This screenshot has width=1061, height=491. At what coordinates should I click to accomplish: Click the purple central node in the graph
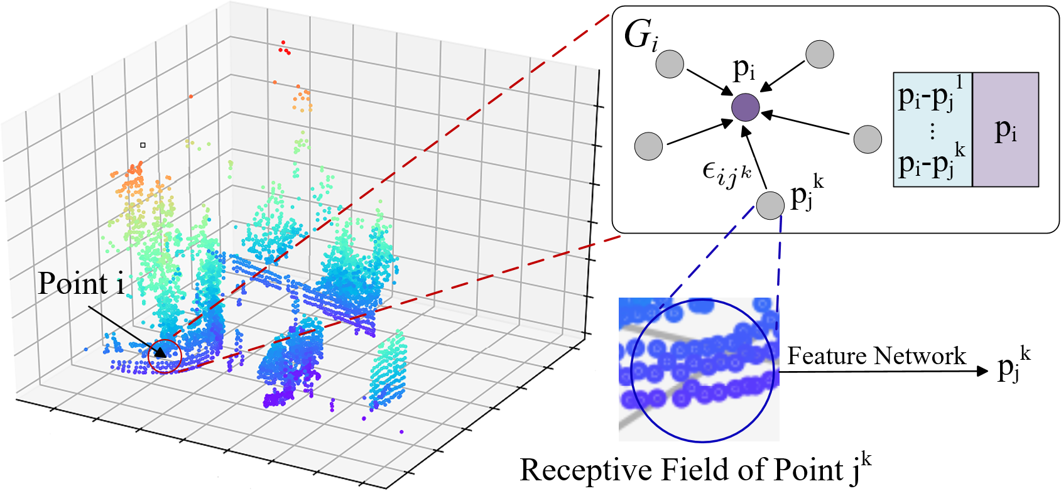click(746, 107)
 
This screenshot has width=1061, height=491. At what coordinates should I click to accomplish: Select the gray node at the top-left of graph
click(670, 64)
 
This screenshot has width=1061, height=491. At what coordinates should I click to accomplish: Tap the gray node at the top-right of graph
click(819, 55)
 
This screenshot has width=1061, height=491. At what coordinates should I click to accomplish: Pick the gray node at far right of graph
click(868, 139)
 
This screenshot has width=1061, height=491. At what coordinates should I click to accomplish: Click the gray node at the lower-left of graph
click(648, 146)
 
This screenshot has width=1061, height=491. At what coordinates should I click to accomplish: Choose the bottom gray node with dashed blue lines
click(770, 205)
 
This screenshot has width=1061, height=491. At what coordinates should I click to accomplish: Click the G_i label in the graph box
click(641, 36)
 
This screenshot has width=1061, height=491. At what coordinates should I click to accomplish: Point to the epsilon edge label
click(726, 173)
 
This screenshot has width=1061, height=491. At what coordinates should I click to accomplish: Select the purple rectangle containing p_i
click(1005, 129)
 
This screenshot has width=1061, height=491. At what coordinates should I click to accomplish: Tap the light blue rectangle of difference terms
click(932, 129)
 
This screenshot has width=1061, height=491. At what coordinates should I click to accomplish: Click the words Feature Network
click(876, 356)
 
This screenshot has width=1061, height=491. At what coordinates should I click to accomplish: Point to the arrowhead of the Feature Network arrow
click(984, 371)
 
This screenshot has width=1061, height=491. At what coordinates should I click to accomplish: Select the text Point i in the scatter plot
click(81, 284)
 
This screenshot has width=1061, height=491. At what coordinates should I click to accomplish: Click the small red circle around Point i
click(165, 356)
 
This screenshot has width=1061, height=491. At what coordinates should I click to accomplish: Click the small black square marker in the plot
click(143, 145)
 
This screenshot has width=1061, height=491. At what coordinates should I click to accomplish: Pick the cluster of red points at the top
click(285, 48)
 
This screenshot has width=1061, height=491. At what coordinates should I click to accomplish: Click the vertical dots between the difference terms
click(932, 131)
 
